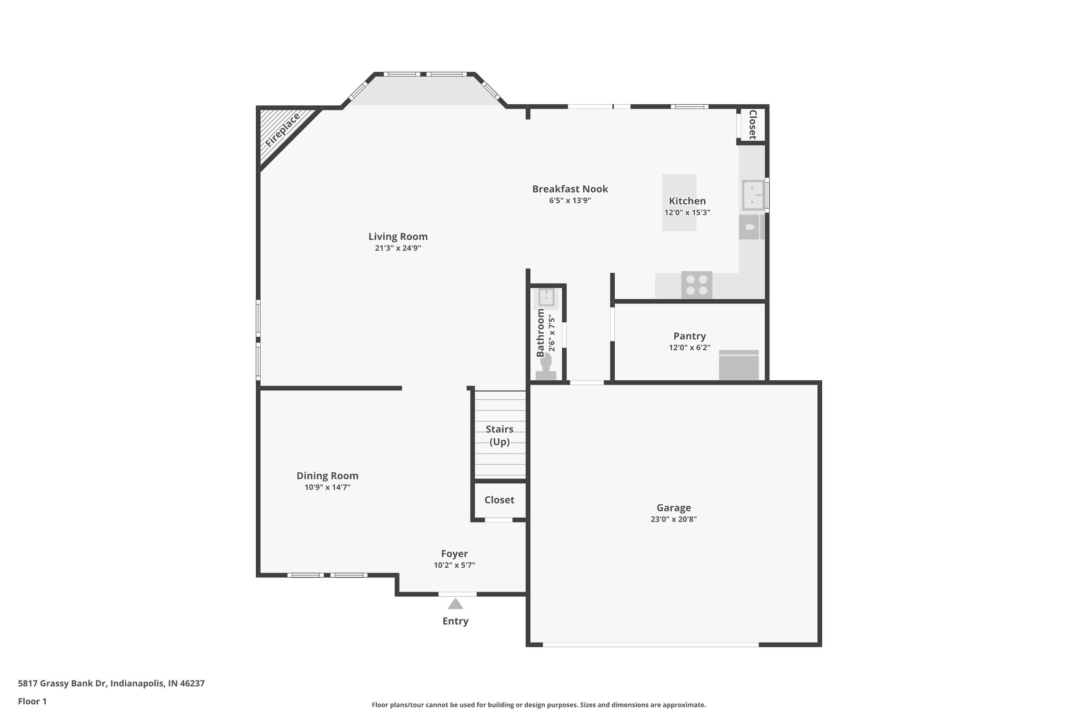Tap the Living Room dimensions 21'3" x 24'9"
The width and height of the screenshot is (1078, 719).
(398, 248)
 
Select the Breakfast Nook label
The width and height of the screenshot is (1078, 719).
(570, 189)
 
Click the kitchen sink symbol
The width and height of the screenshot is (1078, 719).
(753, 195)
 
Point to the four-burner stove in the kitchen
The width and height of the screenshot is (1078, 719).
(696, 285)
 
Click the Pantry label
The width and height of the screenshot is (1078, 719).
(690, 336)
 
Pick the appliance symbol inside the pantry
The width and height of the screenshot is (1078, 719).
(738, 365)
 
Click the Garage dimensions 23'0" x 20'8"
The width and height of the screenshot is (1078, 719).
(674, 519)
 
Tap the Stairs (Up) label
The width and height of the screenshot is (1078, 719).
(500, 435)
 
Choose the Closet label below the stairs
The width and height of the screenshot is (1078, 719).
(500, 500)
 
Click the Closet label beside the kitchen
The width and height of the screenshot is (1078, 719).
(753, 125)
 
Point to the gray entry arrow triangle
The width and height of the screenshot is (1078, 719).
(455, 604)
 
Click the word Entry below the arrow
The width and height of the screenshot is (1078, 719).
(455, 621)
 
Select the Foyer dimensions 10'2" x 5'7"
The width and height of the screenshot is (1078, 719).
(454, 565)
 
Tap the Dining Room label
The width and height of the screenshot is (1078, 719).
(327, 476)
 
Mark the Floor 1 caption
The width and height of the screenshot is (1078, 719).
(32, 701)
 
